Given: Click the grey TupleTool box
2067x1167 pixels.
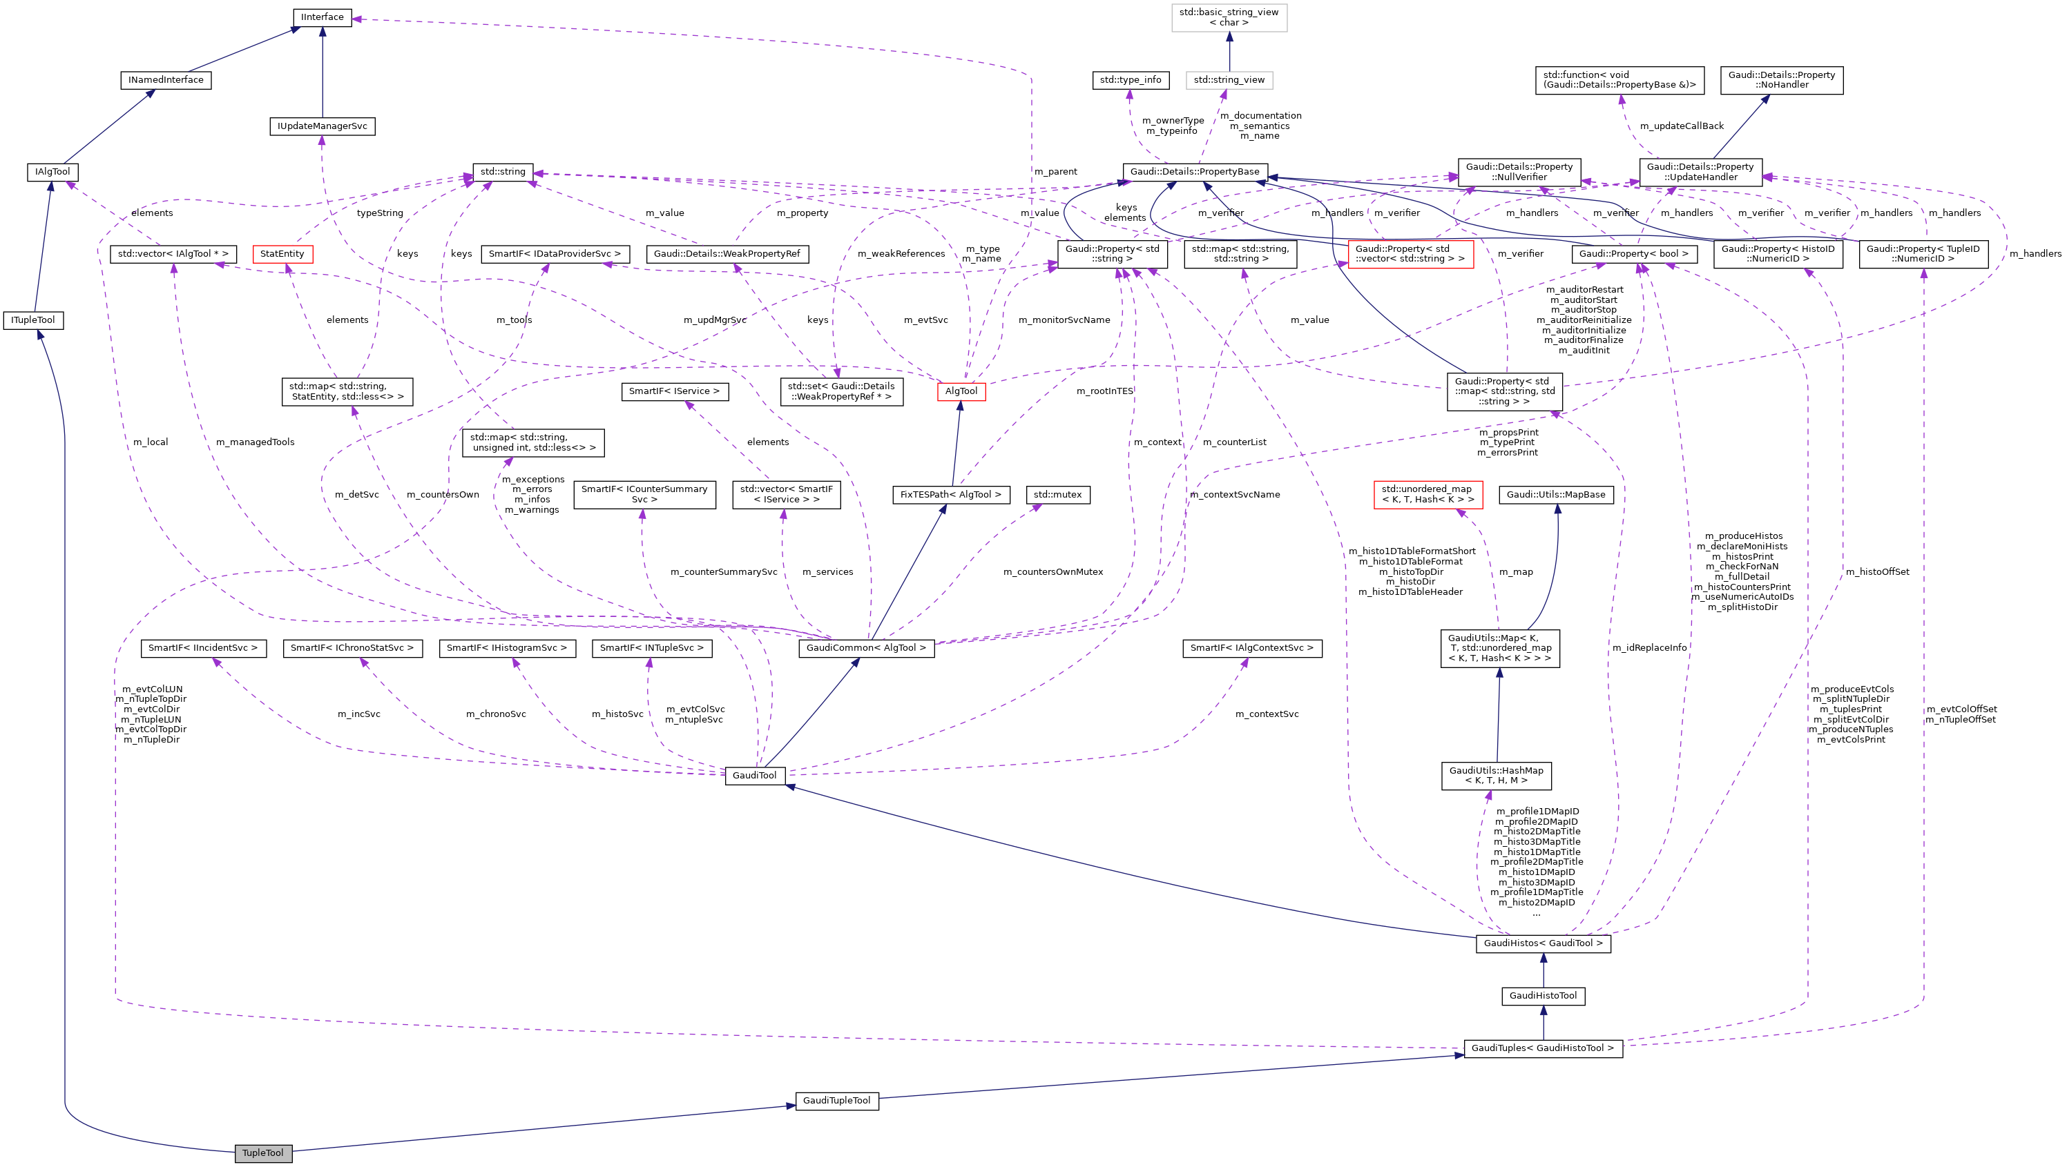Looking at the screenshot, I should pos(262,1153).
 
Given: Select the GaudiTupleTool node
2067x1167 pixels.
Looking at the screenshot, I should pos(836,1101).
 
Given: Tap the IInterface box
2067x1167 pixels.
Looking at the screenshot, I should pos(322,17).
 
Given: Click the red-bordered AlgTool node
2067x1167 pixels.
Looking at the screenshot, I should pos(961,391).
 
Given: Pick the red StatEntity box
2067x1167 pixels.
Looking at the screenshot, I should pos(282,253).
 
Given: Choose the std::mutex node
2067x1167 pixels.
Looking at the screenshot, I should pos(1057,495).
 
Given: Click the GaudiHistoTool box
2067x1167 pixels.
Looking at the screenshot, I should pos(1542,995).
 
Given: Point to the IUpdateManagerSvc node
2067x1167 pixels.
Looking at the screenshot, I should pos(322,126).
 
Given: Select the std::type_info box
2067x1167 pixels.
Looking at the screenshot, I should pos(1130,79).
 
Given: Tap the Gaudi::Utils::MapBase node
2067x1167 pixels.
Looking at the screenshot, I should pos(1555,495).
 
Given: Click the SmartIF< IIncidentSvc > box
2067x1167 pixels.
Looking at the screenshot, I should pos(203,647).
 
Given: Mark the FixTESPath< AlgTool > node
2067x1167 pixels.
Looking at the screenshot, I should pos(950,495).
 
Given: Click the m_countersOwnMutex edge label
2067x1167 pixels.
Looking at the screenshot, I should pos(1052,572).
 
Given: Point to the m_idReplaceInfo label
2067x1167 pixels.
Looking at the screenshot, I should pos(1649,647).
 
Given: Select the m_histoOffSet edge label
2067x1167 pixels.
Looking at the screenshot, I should pos(1877,572).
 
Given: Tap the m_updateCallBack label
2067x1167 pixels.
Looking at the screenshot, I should pos(1681,126).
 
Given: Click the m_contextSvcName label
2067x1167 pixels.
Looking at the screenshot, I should pos(1234,495).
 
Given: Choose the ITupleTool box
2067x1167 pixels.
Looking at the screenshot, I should pos(33,320).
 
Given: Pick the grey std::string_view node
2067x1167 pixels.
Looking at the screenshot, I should pos(1229,79).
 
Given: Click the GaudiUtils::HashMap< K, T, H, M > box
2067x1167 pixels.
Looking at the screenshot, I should pos(1496,776).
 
